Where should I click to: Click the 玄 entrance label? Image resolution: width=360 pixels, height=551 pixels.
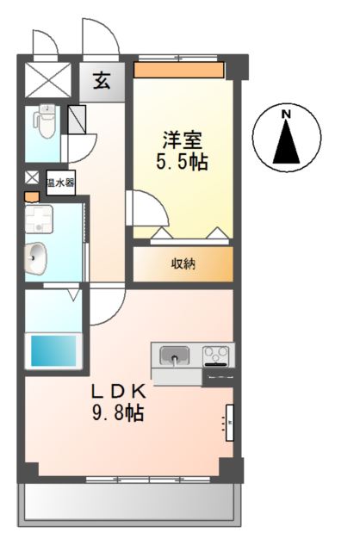point(102,82)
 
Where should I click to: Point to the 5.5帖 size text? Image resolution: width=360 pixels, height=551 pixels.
point(183,161)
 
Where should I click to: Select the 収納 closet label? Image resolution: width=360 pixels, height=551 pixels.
point(182,263)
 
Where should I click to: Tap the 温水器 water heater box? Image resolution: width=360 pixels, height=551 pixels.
point(60,183)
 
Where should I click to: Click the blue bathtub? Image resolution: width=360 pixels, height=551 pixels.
point(53,350)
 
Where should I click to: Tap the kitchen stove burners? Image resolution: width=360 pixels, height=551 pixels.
point(217,354)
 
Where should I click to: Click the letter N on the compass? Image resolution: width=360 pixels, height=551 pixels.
point(288,115)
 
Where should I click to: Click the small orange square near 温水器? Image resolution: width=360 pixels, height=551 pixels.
point(32,196)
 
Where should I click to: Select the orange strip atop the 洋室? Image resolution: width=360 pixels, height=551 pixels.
point(179,69)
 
